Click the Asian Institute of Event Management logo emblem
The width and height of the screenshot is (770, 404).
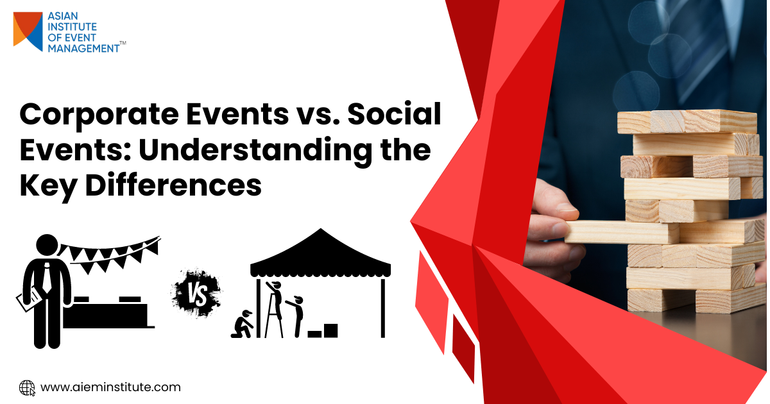point(28,31)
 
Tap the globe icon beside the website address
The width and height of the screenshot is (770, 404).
point(27,387)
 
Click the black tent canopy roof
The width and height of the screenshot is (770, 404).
point(320,254)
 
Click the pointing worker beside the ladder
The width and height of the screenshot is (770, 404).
point(296,314)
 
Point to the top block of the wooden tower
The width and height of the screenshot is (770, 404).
point(687,121)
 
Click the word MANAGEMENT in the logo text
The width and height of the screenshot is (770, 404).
point(83,47)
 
